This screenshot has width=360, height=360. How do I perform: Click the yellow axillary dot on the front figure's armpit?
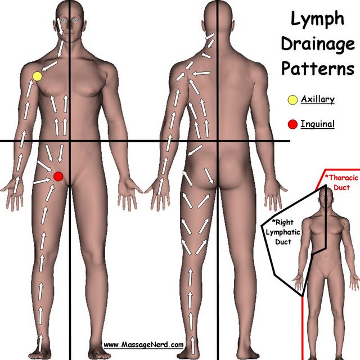(37, 76)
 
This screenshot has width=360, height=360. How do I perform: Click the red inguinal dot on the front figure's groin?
(58, 176)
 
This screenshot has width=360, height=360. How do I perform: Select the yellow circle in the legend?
(292, 100)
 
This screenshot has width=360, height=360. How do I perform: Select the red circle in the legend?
(292, 124)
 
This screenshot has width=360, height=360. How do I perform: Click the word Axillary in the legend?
(318, 100)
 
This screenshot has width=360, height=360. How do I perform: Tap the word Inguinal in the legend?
(318, 124)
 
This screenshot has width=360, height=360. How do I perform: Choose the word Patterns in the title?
(318, 68)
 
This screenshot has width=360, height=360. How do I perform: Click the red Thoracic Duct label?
(341, 182)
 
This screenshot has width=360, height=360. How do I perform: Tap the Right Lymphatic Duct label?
(283, 232)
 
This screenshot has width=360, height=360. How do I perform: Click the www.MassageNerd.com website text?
(143, 345)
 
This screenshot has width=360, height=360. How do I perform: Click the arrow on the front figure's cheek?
(60, 26)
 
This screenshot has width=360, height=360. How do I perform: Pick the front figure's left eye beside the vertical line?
(75, 20)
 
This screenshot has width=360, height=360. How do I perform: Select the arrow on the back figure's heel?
(192, 345)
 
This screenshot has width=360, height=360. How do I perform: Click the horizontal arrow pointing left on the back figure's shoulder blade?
(201, 74)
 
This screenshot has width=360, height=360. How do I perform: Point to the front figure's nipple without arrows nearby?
(92, 92)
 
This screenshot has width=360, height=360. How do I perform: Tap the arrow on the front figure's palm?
(16, 185)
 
